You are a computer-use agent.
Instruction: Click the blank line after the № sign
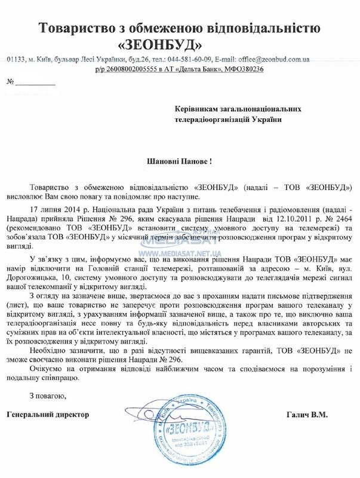(x=35, y=84)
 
